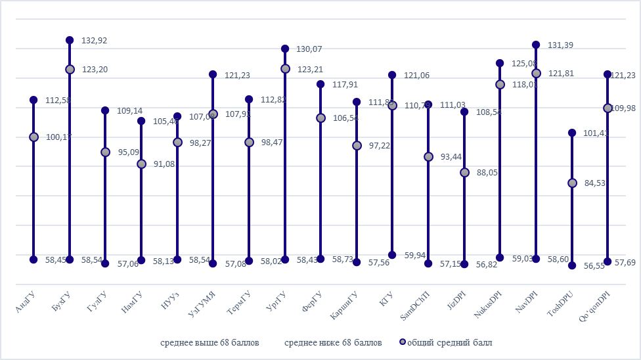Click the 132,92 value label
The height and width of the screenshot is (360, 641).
[x=94, y=40]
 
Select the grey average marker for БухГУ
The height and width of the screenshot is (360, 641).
[x=70, y=69]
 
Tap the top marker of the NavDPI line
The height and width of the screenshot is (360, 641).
[x=536, y=45]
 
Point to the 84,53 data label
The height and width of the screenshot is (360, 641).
[x=595, y=183]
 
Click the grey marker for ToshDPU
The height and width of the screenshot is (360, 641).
[x=572, y=183]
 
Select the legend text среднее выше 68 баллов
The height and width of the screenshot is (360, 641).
[x=210, y=343]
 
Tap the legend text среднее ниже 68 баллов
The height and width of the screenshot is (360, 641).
[x=333, y=343]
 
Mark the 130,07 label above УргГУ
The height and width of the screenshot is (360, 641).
[x=310, y=49]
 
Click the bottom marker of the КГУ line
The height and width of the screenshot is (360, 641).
[x=392, y=255]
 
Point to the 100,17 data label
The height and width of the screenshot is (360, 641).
[x=58, y=137]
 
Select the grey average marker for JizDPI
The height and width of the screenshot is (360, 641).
[x=464, y=172]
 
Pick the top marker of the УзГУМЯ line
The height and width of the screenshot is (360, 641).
[x=213, y=74]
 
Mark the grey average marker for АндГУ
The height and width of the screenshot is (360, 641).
[x=33, y=137]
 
